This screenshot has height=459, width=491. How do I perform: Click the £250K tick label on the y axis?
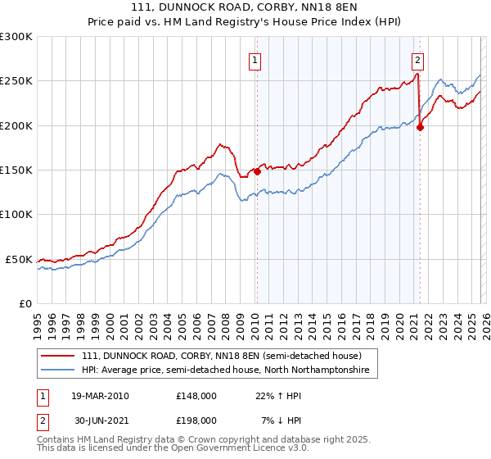pyautogui.click(x=16, y=81)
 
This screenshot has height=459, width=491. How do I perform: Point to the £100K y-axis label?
pyautogui.click(x=16, y=214)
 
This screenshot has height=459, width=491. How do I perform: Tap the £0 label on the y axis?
pyautogui.click(x=25, y=303)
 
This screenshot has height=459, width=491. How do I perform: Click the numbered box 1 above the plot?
pyautogui.click(x=255, y=60)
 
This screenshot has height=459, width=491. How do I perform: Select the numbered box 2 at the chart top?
pyautogui.click(x=418, y=60)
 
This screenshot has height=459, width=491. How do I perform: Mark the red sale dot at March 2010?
pyautogui.click(x=257, y=172)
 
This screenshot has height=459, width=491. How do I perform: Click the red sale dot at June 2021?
pyautogui.click(x=420, y=127)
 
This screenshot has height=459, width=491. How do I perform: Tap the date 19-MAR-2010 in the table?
pyautogui.click(x=100, y=396)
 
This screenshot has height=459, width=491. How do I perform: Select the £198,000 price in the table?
pyautogui.click(x=196, y=420)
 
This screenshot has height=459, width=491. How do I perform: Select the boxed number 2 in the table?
pyautogui.click(x=42, y=420)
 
